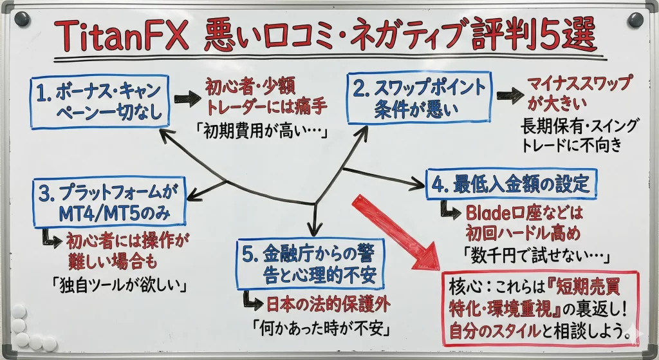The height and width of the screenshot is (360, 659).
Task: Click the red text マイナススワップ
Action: click(x=579, y=84)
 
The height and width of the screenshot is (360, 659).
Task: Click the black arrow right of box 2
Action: click(x=509, y=97)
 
